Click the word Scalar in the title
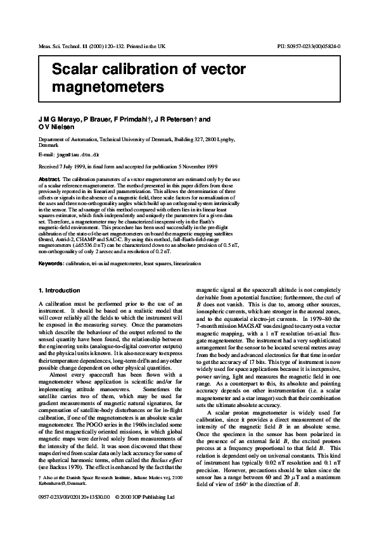tap(75, 68)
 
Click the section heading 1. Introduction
tap(60, 291)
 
